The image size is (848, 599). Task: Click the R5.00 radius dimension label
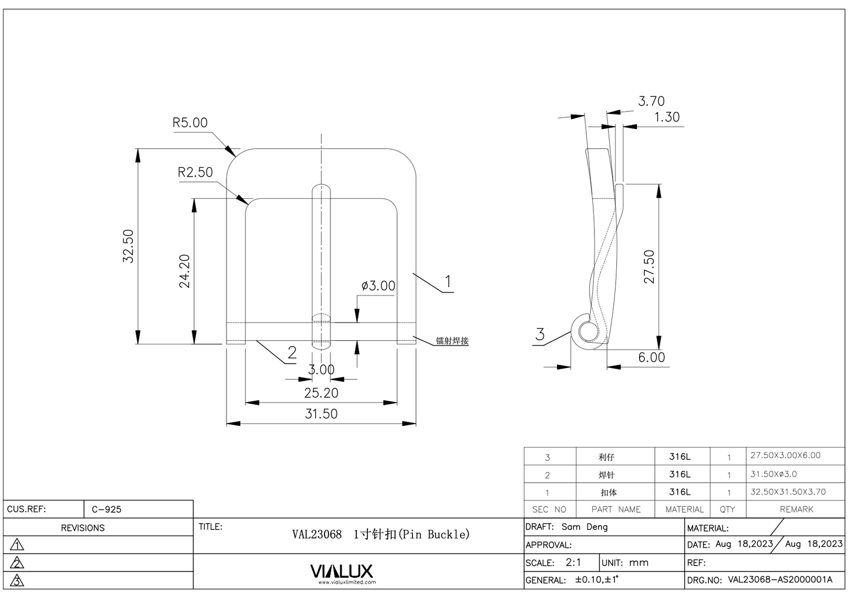[x=190, y=123]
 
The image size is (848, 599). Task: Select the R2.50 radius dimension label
[x=195, y=172]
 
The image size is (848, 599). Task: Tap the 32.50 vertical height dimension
[x=129, y=246]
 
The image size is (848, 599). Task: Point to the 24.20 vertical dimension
[x=184, y=270]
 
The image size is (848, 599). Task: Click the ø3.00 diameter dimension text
[x=378, y=286]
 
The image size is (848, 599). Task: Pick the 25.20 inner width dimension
[x=321, y=392]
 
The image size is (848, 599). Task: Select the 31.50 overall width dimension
[x=321, y=414]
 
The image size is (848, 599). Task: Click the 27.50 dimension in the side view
[x=649, y=267]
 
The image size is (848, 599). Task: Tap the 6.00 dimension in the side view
[x=651, y=357]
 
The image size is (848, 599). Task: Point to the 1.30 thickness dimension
[x=667, y=117]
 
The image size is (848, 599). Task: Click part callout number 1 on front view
[x=448, y=282]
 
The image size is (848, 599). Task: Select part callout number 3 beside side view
[x=540, y=334]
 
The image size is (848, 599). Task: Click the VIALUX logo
[x=341, y=571]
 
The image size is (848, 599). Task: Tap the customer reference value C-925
[x=106, y=509]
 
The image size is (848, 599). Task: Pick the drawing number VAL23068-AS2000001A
[x=780, y=580]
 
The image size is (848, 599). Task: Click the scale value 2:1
[x=573, y=562]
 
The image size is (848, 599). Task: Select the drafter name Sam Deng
[x=585, y=527]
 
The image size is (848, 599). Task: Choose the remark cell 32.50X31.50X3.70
[x=788, y=492]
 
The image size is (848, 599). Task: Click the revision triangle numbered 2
[x=18, y=563]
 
